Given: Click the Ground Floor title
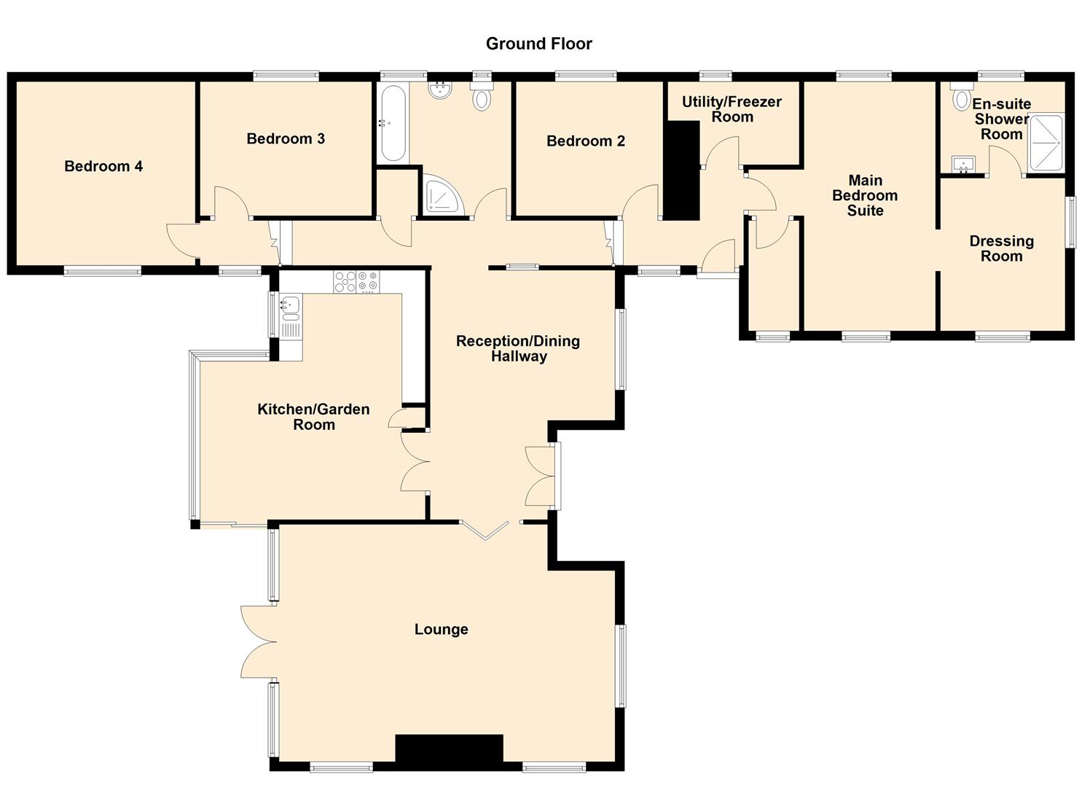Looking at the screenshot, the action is click(x=538, y=44).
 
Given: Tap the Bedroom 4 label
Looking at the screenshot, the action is click(x=103, y=166).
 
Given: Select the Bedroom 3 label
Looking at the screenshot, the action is click(x=286, y=138).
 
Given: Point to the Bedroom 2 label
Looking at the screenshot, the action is click(x=585, y=141).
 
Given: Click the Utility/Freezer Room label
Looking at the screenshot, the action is click(x=732, y=109).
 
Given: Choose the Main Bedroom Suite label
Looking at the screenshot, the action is click(x=865, y=195).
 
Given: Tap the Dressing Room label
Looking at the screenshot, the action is click(x=1001, y=248).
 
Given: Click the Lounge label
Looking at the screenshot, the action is click(x=441, y=630).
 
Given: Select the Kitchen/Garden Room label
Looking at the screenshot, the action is click(x=313, y=417).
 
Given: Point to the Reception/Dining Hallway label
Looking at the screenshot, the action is click(x=518, y=348).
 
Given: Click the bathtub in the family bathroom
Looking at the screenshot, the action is click(x=392, y=123).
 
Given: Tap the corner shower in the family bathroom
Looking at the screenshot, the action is click(x=444, y=195).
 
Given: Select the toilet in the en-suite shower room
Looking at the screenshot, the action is click(x=961, y=97).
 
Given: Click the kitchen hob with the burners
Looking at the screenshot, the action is click(x=356, y=282).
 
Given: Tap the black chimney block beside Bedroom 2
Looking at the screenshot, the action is click(x=681, y=171).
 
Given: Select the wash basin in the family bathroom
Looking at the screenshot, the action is click(x=439, y=90).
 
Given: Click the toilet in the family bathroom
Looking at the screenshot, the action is click(x=481, y=96).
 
